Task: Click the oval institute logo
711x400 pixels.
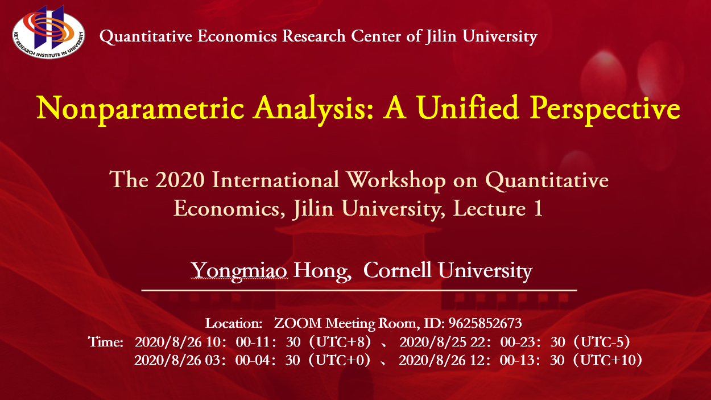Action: point(48,32)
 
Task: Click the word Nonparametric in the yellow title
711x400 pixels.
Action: point(140,109)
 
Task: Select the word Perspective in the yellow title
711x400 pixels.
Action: point(605,109)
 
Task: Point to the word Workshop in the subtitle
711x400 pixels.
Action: point(396,180)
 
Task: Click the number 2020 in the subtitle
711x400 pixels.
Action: point(180,180)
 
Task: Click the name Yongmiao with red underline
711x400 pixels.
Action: point(239,271)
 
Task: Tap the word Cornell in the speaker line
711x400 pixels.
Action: point(397,270)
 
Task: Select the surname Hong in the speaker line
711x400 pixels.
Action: point(322,271)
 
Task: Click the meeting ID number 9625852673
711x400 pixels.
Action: point(485,323)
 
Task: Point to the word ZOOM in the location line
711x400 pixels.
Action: point(297,323)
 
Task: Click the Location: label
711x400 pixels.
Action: point(234,324)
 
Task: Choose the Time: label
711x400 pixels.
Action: point(105,342)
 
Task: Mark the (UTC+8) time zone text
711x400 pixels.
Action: point(340,342)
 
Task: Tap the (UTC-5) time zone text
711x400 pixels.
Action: point(601,342)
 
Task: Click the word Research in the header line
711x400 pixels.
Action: point(313,36)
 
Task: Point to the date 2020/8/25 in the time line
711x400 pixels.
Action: point(433,342)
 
